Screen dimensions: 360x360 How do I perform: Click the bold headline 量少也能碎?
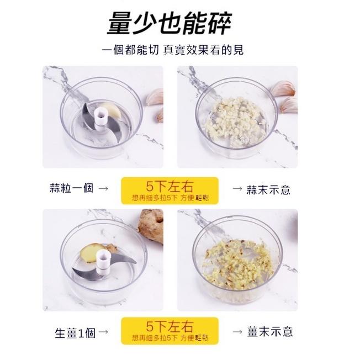click(x=169, y=23)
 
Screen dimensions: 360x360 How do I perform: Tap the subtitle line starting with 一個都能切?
click(x=173, y=50)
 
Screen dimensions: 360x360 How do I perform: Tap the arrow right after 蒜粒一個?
click(x=103, y=189)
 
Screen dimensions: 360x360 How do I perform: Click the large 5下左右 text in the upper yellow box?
click(x=170, y=185)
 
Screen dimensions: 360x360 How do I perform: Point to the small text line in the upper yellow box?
click(x=170, y=197)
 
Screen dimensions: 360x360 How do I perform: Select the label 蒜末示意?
click(x=269, y=190)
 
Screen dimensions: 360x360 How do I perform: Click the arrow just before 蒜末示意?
click(x=237, y=190)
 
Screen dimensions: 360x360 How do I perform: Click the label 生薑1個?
click(x=75, y=332)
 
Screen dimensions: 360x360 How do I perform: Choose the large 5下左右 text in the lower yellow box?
click(x=170, y=326)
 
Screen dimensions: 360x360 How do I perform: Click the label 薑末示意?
click(x=270, y=332)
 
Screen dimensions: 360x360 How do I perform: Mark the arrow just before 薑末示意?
click(x=237, y=332)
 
